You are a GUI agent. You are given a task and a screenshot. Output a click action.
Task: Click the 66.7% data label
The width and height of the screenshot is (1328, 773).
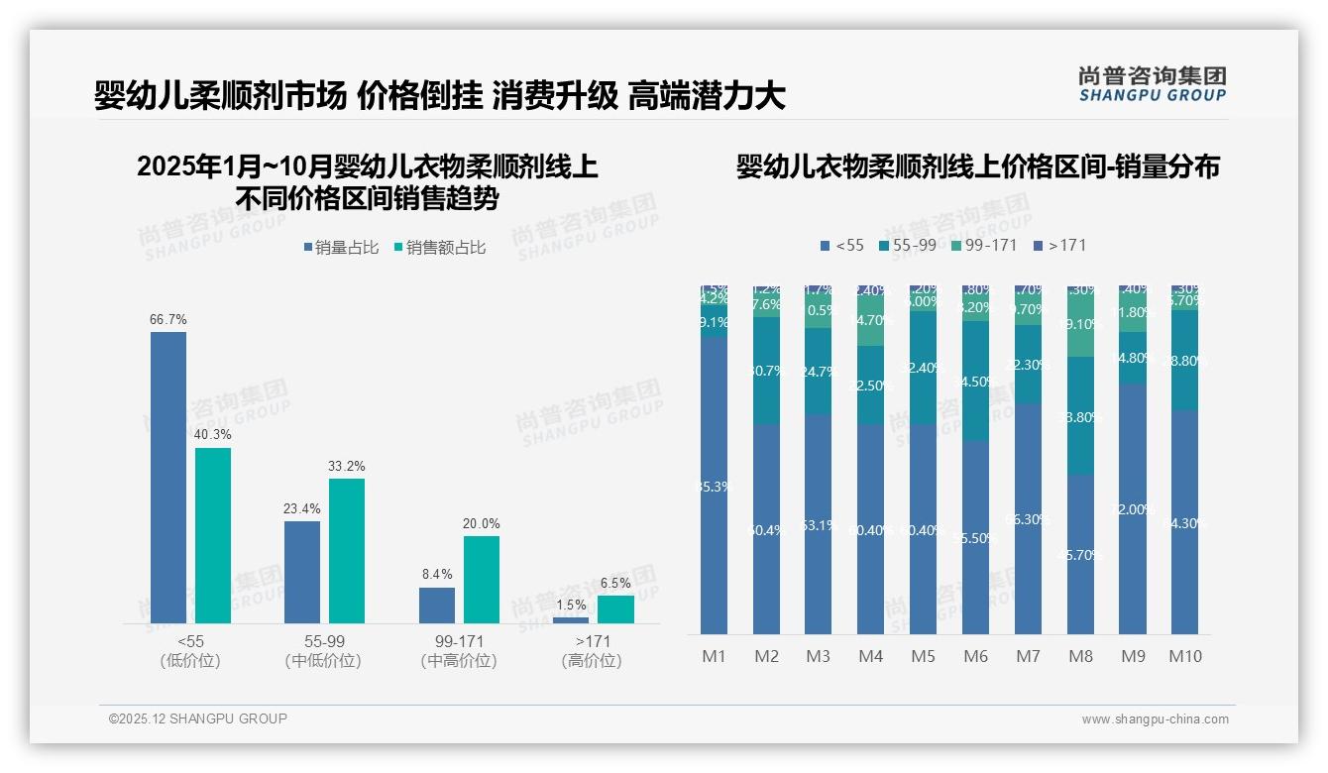tap(168, 320)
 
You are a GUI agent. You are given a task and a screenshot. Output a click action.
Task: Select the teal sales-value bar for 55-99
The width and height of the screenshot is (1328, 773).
tap(347, 551)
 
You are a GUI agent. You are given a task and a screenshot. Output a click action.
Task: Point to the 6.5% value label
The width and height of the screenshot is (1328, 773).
tap(615, 584)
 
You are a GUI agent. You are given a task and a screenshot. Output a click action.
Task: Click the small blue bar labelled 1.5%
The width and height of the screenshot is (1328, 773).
tap(571, 620)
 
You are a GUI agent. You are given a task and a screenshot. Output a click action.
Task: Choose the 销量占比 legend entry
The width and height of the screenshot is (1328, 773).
tap(340, 248)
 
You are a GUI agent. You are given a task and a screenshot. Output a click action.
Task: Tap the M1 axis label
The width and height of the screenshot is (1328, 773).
tap(715, 656)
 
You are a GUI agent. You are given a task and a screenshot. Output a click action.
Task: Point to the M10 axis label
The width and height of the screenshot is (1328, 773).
tap(1184, 656)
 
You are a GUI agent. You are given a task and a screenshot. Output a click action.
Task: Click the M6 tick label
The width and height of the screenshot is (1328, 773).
tap(976, 656)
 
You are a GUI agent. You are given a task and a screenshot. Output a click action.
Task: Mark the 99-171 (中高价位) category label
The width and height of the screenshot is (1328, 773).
tap(458, 651)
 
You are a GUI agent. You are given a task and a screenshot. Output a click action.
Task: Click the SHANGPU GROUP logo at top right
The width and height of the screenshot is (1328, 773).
tap(1152, 84)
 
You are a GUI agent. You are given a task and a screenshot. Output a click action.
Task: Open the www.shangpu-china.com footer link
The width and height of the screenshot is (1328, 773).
tap(1155, 719)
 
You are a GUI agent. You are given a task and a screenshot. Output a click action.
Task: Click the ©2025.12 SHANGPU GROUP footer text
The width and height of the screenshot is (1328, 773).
tap(198, 718)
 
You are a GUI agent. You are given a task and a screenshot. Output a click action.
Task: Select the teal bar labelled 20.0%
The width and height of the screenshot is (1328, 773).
tap(482, 580)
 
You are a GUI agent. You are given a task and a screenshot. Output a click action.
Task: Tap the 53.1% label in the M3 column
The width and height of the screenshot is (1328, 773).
tap(819, 525)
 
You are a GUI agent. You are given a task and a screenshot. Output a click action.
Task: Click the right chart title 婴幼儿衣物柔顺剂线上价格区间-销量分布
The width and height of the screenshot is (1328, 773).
tap(977, 166)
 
